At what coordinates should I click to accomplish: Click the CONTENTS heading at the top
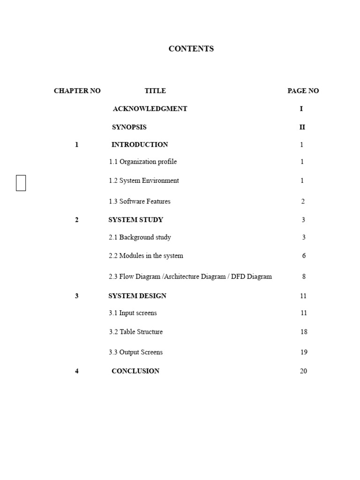(191, 49)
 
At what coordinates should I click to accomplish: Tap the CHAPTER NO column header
(77, 91)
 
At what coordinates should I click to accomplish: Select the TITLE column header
(155, 91)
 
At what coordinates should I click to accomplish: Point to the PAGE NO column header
(303, 91)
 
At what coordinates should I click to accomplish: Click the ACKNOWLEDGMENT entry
(150, 109)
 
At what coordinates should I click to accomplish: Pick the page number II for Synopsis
(302, 127)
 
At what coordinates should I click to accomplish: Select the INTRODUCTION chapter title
(140, 145)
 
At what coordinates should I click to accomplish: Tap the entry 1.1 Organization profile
(143, 162)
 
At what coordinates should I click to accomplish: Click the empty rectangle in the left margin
(21, 183)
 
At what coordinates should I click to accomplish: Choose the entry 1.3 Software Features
(140, 202)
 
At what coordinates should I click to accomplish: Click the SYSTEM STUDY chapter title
(136, 220)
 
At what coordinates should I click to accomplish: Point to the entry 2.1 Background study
(140, 238)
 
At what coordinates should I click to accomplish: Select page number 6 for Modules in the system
(304, 256)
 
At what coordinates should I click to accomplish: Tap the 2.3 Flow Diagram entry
(190, 277)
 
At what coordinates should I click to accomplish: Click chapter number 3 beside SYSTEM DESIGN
(77, 296)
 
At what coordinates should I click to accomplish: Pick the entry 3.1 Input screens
(133, 313)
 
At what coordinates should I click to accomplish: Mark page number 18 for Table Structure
(304, 332)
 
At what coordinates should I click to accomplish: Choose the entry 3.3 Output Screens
(136, 352)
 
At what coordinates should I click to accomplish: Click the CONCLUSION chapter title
(135, 371)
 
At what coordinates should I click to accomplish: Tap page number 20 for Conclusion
(303, 371)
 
